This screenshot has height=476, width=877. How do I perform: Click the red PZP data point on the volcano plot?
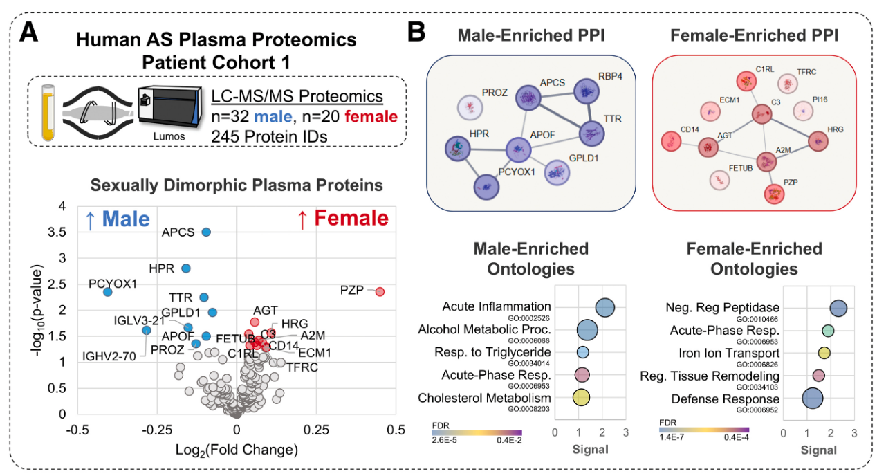coord(380,292)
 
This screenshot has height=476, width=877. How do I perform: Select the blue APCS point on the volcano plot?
coord(206,232)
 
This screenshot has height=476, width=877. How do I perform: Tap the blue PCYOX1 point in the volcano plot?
coord(107,292)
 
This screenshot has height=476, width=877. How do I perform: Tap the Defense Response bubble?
coord(812,399)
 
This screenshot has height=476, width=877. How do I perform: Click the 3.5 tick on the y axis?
coord(65,232)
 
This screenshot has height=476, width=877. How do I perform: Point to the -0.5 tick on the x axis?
coord(77,430)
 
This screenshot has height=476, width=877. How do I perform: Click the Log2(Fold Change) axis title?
coord(237,450)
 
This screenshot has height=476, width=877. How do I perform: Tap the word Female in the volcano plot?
coord(351,219)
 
